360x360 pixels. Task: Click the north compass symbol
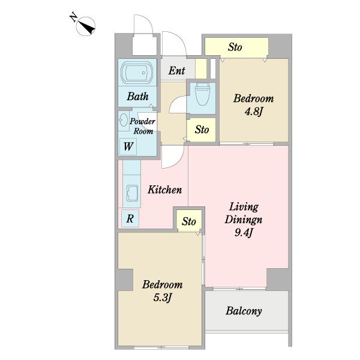click(85, 26)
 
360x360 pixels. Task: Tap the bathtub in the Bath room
click(137, 73)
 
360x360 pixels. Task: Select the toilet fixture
click(202, 94)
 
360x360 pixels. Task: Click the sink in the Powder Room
click(124, 120)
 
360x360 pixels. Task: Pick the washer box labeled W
click(128, 146)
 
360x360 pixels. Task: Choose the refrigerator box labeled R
click(130, 218)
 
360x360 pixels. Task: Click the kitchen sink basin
click(132, 193)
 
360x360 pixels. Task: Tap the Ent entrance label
click(176, 70)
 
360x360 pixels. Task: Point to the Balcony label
click(244, 311)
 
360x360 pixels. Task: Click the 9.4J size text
click(244, 233)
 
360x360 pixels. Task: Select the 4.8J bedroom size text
click(253, 112)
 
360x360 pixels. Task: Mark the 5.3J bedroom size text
click(163, 298)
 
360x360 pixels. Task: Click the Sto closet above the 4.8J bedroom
click(236, 47)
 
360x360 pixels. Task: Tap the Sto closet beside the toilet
click(202, 130)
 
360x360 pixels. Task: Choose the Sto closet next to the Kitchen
click(189, 221)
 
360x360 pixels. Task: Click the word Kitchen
click(164, 190)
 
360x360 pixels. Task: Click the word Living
click(244, 207)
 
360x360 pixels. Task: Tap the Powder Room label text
click(142, 126)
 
